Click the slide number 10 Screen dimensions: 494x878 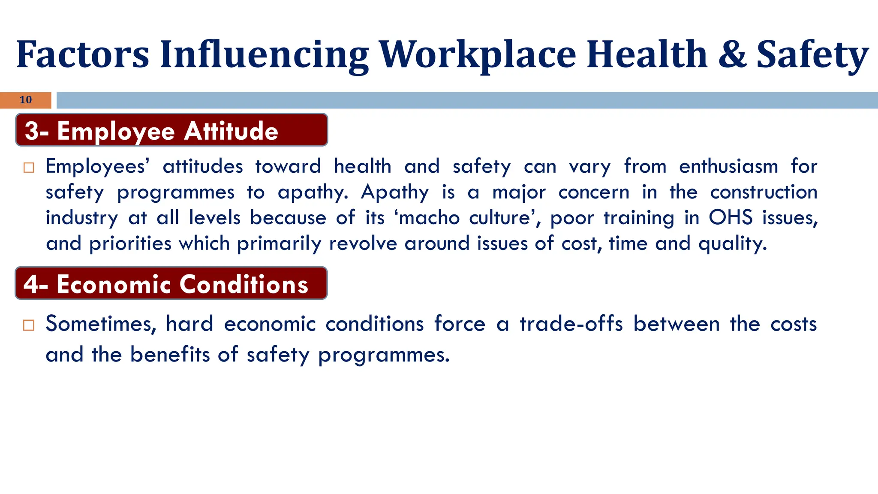(26, 100)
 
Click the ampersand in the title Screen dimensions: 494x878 (732, 54)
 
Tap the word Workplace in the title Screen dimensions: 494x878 (478, 54)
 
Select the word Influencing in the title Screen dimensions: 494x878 (264, 54)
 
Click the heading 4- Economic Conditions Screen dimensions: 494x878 (166, 284)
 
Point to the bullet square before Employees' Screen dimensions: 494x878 (29, 167)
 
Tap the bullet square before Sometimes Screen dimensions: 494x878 (29, 325)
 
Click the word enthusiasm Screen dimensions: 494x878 (728, 166)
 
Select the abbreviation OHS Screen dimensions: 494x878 (731, 217)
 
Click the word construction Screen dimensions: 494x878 (764, 192)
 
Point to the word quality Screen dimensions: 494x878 (732, 244)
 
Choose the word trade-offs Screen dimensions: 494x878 (571, 324)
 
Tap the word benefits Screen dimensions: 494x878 (170, 355)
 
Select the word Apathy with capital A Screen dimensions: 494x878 (394, 192)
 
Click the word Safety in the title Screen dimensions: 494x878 (812, 54)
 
